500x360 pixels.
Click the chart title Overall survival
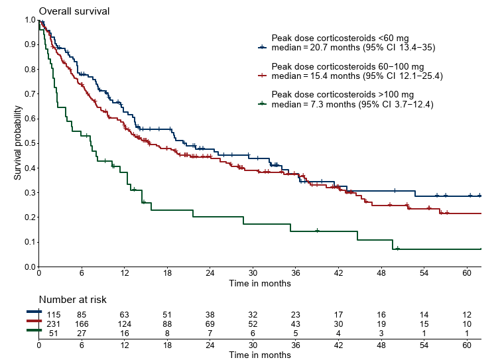coord(74,11)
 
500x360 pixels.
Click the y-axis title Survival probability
coord(18,143)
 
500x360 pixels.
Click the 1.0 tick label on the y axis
coord(30,19)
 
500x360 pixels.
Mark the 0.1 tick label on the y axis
coord(30,242)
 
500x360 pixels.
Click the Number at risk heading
coord(72,300)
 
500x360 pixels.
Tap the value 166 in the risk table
coord(82,324)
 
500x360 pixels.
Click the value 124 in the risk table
coord(124,324)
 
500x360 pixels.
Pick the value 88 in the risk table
coord(167,324)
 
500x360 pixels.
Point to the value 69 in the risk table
coord(210,324)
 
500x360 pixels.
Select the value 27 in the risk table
coord(82,333)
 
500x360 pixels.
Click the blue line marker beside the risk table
coord(33,312)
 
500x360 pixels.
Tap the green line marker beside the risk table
coord(33,330)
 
